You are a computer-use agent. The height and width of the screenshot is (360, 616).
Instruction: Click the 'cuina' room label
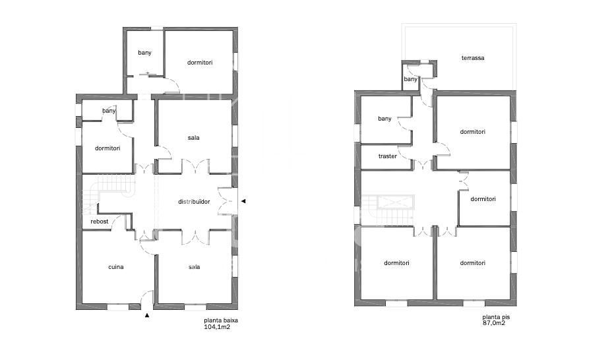[x=116, y=267]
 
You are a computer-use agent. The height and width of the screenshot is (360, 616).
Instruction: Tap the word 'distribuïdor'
[x=194, y=202]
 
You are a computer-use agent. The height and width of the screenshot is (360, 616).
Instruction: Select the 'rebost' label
[x=100, y=222]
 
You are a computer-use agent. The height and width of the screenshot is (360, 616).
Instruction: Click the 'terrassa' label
[x=473, y=58]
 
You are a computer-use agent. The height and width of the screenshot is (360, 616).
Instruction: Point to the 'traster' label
[x=387, y=156]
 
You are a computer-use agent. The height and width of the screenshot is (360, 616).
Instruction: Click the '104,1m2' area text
[x=217, y=326]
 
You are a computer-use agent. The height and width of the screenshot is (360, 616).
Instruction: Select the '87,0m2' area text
[x=494, y=323]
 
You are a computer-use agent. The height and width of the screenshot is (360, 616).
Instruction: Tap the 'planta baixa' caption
[x=221, y=320]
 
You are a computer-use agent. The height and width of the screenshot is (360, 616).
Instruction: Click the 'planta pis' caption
[x=496, y=317]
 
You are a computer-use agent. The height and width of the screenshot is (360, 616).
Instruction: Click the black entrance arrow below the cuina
[x=147, y=315]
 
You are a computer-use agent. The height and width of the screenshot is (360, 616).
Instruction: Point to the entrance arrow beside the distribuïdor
[x=243, y=201]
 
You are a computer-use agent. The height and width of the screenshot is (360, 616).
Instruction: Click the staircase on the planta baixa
[x=109, y=193]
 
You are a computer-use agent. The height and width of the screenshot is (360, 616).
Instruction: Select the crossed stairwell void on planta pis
[x=396, y=202]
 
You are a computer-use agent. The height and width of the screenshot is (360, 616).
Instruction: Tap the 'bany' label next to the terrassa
[x=410, y=79]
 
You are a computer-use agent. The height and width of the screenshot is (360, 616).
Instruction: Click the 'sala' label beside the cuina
[x=194, y=267]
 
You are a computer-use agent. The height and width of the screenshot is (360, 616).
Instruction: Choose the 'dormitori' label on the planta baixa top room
[x=200, y=63]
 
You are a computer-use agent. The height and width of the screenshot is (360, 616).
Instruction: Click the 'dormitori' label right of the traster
[x=473, y=132]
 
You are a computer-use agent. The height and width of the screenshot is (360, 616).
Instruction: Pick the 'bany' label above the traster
[x=385, y=119]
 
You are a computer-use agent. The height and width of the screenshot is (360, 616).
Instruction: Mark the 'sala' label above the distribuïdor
[x=193, y=138]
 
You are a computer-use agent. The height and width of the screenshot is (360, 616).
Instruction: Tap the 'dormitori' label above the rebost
[x=108, y=148]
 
